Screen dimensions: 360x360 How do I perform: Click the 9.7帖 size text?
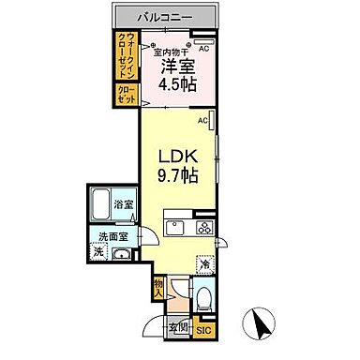coord(175,176)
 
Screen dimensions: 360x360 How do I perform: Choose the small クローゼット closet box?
coord(127,94)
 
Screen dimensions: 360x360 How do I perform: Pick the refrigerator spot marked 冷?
coord(204,264)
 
